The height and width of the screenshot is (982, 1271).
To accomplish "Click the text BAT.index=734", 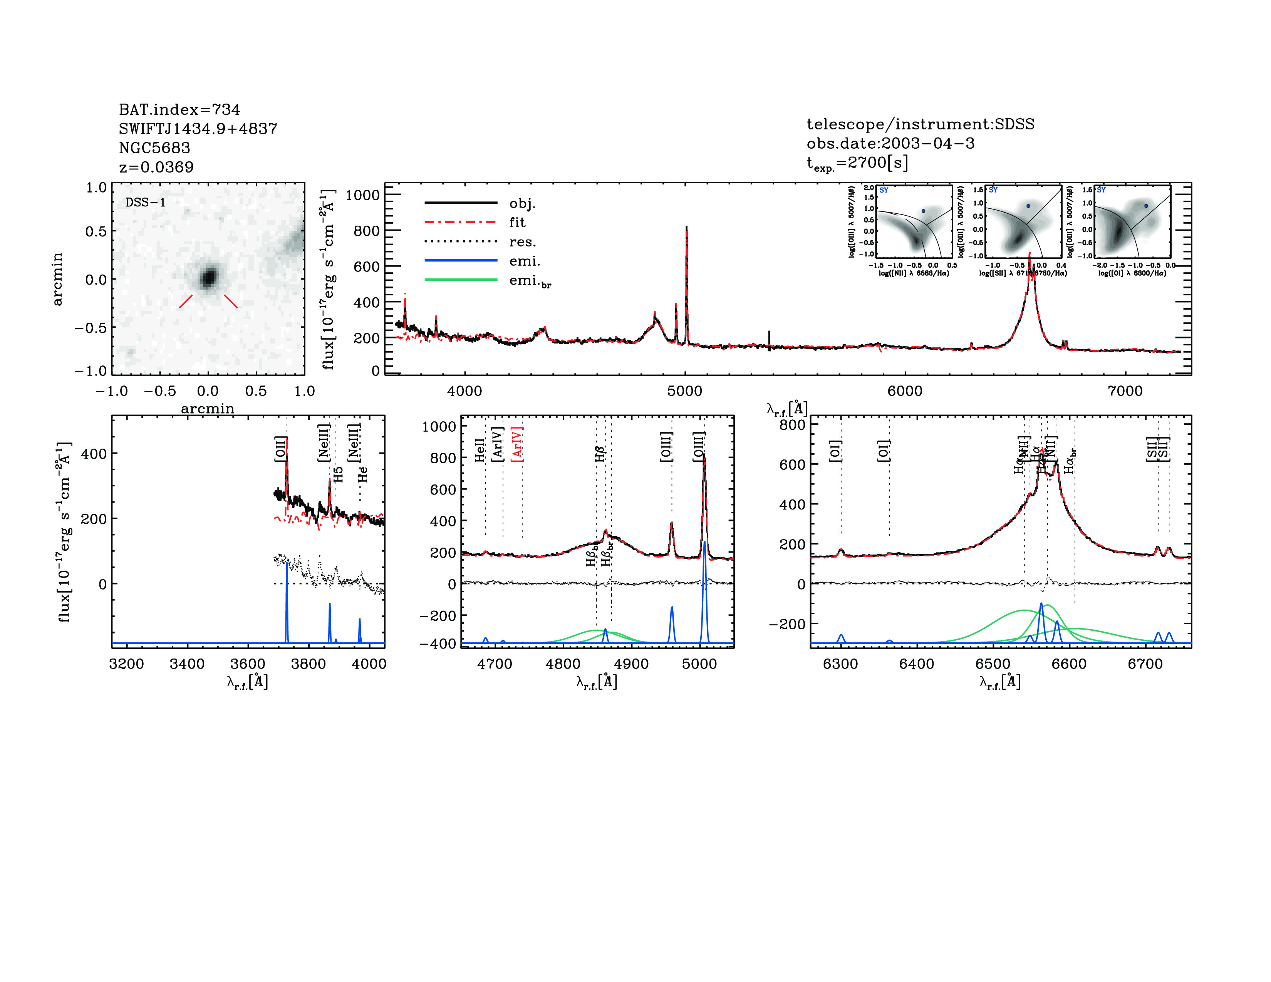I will [x=179, y=109].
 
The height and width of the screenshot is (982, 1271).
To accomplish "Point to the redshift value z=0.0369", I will [x=156, y=167].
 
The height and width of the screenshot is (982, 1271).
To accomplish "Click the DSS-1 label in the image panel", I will [x=146, y=203].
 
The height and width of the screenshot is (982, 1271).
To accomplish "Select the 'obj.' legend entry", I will [x=522, y=203].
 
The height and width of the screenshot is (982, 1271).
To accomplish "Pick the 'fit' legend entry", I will [x=517, y=222].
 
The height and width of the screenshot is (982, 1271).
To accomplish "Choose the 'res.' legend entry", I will [x=522, y=242].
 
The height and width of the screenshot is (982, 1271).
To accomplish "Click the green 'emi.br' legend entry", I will [x=530, y=281].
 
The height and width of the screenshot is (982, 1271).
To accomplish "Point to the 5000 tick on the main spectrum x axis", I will [x=685, y=391].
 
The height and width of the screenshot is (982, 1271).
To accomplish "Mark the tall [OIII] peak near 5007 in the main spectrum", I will [x=687, y=228].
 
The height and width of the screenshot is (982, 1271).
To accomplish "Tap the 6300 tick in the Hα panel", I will [x=840, y=664].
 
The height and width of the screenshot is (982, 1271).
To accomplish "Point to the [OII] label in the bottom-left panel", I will [x=280, y=449].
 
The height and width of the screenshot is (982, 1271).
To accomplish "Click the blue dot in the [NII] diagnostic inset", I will [x=923, y=211].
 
